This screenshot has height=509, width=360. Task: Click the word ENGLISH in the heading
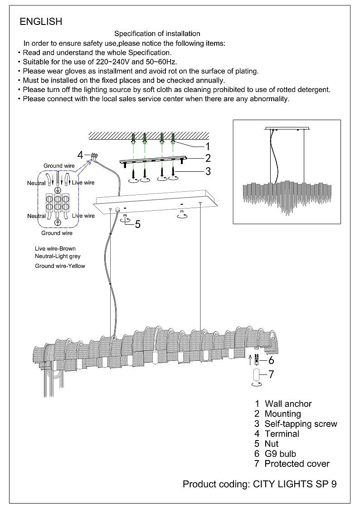point(41,21)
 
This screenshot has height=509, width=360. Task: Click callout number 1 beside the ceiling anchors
point(208,146)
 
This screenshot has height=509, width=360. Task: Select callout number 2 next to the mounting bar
point(208,158)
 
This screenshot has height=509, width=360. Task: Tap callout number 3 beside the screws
point(208,171)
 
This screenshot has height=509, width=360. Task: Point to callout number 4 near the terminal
point(80,155)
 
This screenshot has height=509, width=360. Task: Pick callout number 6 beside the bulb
point(271,360)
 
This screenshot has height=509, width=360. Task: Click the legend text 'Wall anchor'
point(288,404)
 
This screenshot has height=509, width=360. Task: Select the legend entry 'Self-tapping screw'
point(301,424)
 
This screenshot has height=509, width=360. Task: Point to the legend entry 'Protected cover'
point(297,464)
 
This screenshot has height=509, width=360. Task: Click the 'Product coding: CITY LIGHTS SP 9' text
point(259,484)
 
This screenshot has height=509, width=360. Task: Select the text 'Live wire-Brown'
point(55,249)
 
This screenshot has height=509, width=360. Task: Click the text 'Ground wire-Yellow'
point(60,266)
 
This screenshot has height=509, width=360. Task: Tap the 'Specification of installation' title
point(157,34)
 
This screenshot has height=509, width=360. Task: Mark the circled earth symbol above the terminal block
point(58,190)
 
